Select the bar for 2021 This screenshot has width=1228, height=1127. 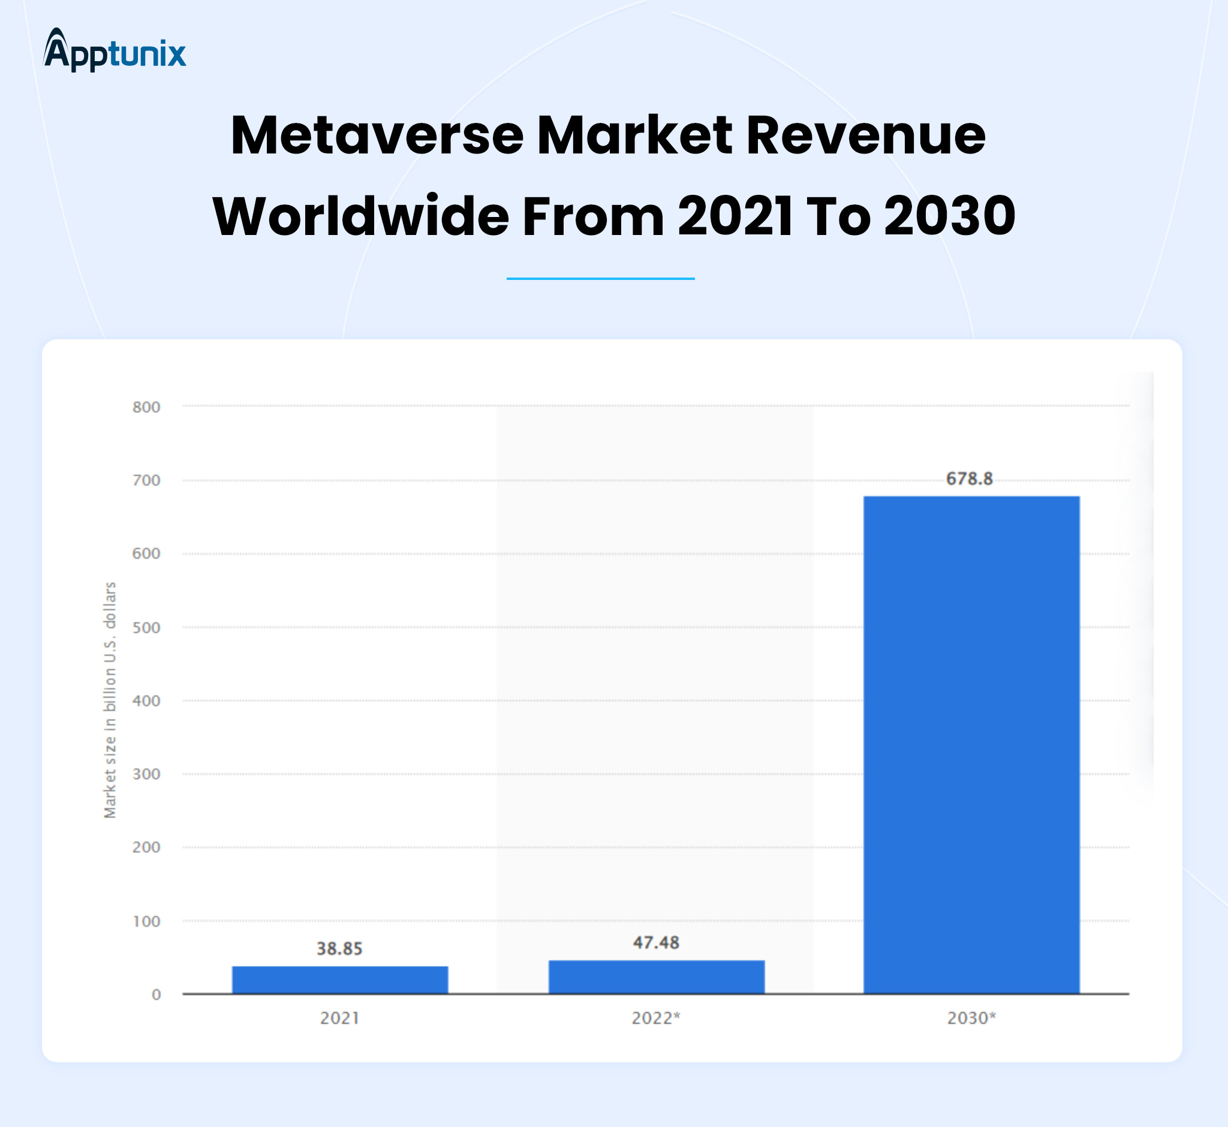pyautogui.click(x=340, y=980)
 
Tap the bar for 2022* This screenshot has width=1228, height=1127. pyautogui.click(x=657, y=977)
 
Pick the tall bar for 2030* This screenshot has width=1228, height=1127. pyautogui.click(x=971, y=744)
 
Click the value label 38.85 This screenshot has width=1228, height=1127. pyautogui.click(x=339, y=949)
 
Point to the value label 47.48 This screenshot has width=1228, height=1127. pyautogui.click(x=656, y=943)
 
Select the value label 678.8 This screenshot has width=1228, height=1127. pyautogui.click(x=970, y=479)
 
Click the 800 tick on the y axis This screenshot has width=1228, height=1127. pyautogui.click(x=146, y=407)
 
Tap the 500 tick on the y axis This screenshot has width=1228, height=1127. pyautogui.click(x=146, y=628)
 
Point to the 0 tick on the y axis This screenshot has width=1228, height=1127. pyautogui.click(x=156, y=995)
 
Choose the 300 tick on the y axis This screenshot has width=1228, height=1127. pyautogui.click(x=146, y=774)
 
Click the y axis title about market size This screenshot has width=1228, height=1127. pyautogui.click(x=110, y=700)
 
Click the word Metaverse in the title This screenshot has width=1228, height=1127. pyautogui.click(x=377, y=135)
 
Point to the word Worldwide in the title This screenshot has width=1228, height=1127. pyautogui.click(x=360, y=216)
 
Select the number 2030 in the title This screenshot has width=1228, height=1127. pyautogui.click(x=949, y=216)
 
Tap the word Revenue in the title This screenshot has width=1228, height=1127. pyautogui.click(x=866, y=135)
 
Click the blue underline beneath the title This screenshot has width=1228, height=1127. pyautogui.click(x=600, y=279)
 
